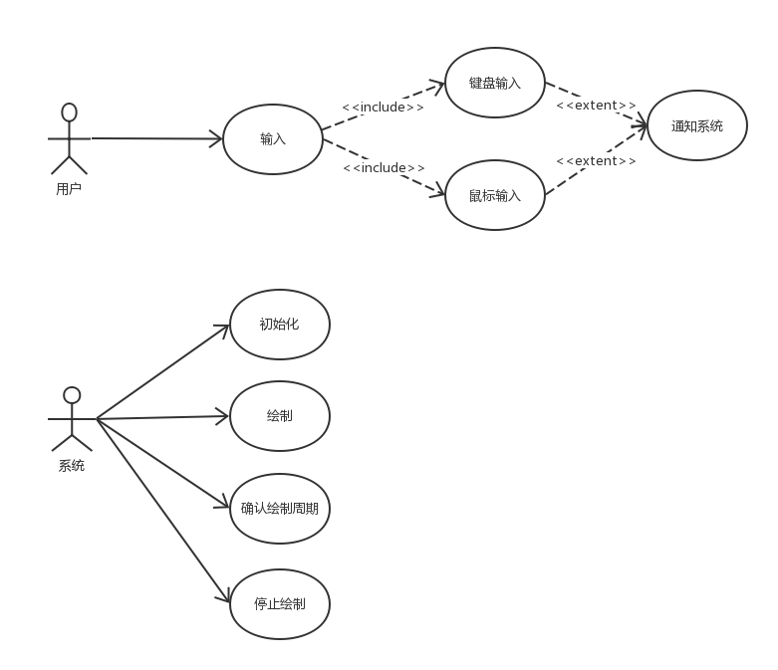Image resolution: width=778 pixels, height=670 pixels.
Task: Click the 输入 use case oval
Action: tap(272, 139)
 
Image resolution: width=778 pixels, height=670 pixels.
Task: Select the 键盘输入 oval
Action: tap(495, 83)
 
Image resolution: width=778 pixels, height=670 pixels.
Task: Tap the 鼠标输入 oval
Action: tap(495, 195)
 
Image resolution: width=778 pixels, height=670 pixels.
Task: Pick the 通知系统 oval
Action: tap(696, 125)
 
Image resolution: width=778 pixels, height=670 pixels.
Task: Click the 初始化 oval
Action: tap(279, 324)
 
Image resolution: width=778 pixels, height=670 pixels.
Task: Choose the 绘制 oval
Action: tap(279, 416)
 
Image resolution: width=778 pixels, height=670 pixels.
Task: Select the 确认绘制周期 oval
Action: tap(279, 508)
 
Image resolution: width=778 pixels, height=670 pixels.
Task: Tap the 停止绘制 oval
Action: tap(279, 603)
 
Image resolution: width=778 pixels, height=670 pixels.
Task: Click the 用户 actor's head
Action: tap(69, 112)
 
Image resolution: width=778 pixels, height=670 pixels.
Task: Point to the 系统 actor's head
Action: tap(71, 394)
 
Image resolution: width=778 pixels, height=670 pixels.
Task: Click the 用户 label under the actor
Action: tap(69, 187)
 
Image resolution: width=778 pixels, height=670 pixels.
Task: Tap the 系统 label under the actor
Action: tap(71, 465)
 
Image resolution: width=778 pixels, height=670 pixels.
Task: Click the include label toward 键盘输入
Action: tap(383, 107)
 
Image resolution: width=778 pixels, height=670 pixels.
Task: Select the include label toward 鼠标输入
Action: tap(384, 167)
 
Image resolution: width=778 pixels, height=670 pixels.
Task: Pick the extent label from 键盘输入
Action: tap(596, 105)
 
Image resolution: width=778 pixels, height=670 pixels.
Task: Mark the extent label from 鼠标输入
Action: tap(596, 160)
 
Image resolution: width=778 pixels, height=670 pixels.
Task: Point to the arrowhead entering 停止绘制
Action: tap(224, 595)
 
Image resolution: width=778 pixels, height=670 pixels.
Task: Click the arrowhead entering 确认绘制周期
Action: tap(222, 505)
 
